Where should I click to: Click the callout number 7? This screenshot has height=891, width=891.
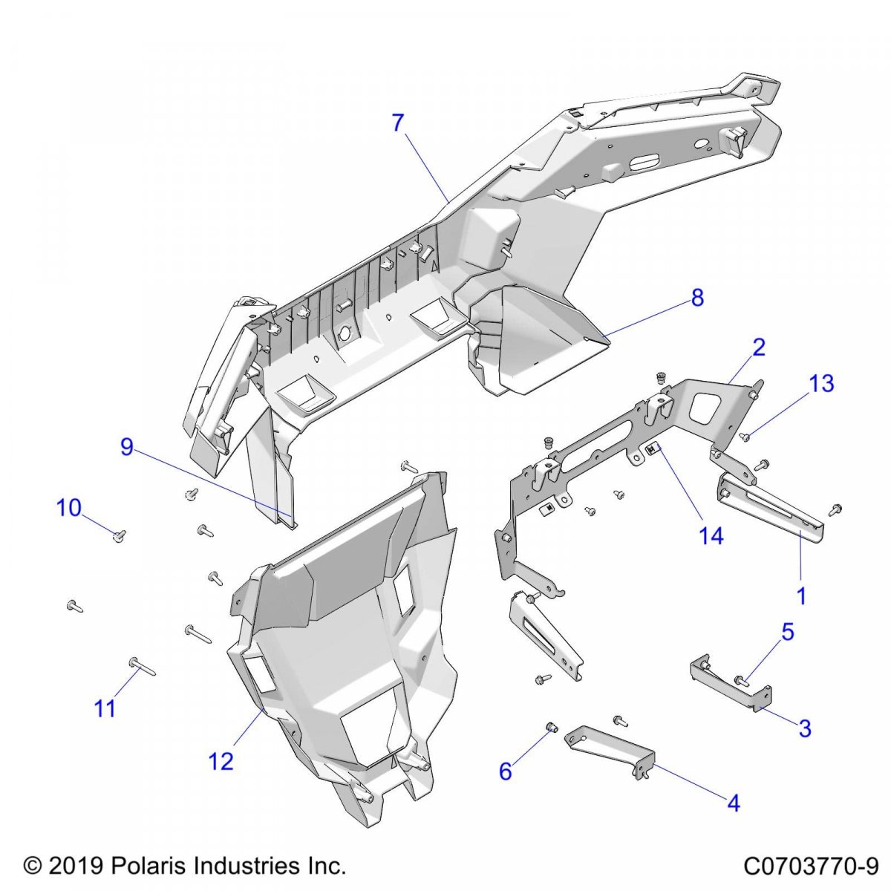coord(398,123)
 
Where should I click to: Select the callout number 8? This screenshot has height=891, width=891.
coord(696,298)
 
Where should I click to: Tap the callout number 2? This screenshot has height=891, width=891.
coord(758,347)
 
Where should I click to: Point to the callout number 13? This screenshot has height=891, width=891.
coord(821,383)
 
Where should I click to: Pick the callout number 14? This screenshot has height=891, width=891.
coord(711,535)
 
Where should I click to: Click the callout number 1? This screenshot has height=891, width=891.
coord(801,595)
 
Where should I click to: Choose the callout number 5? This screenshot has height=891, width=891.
coord(787,632)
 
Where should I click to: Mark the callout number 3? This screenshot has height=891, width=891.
coord(805,728)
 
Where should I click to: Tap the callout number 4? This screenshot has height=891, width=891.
coord(734,803)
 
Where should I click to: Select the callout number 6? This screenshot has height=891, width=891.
coord(505,771)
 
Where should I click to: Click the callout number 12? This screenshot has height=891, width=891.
coord(221,760)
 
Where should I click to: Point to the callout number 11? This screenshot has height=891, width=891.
coord(105,708)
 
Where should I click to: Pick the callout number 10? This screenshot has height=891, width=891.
coord(69,508)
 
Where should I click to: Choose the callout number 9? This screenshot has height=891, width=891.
coord(127,447)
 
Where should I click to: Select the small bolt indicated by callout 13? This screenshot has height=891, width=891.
coord(745,437)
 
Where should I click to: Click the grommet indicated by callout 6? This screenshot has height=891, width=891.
coord(552,726)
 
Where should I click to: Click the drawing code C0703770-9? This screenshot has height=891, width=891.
coord(811,866)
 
